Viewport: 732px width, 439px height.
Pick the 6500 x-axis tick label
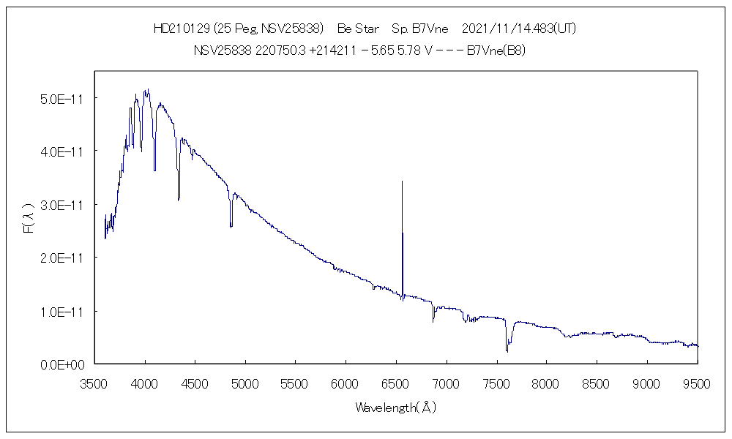396,383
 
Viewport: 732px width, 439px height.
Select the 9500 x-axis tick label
697,383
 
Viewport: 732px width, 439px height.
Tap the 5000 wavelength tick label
245,383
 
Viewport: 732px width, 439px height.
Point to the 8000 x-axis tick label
546,383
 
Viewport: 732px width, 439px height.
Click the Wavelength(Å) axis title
395,408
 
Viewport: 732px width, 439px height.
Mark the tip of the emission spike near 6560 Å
402,181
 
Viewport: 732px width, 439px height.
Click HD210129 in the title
182,29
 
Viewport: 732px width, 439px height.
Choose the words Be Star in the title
358,29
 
